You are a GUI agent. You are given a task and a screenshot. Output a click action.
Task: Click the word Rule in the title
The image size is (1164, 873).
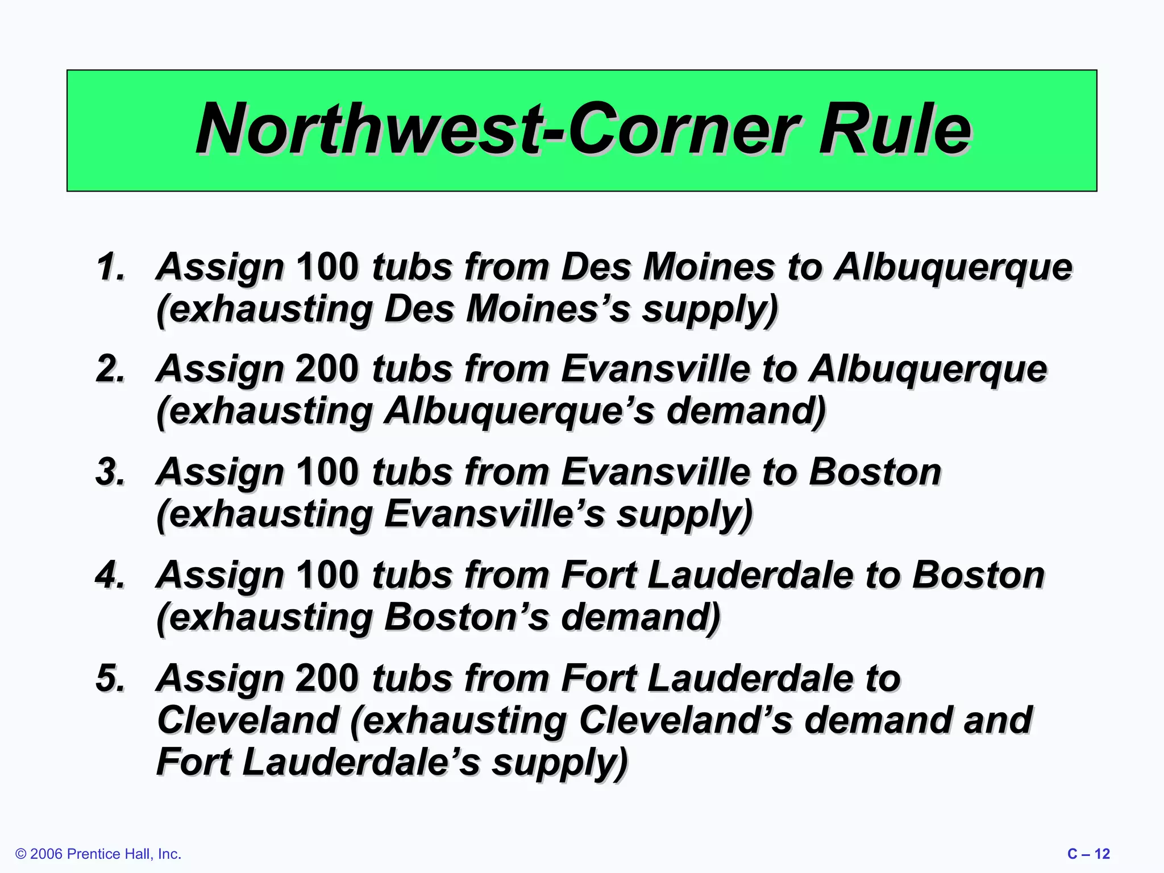[x=895, y=130]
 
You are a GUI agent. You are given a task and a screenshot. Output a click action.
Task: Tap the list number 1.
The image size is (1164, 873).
[x=110, y=267]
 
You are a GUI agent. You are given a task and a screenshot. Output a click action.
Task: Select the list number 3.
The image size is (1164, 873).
[x=110, y=472]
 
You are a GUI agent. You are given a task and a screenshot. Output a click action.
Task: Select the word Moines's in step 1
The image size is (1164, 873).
[x=548, y=309]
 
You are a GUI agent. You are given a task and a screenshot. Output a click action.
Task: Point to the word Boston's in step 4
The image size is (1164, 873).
[x=467, y=617]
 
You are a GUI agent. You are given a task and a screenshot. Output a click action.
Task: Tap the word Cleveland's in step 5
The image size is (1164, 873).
[x=685, y=720]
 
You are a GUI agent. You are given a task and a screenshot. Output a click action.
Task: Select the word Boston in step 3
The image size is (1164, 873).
[x=875, y=472]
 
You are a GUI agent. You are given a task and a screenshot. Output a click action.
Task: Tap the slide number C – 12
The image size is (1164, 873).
[x=1088, y=854]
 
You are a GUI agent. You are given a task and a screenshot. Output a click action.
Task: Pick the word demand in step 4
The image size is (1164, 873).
[x=641, y=617]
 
